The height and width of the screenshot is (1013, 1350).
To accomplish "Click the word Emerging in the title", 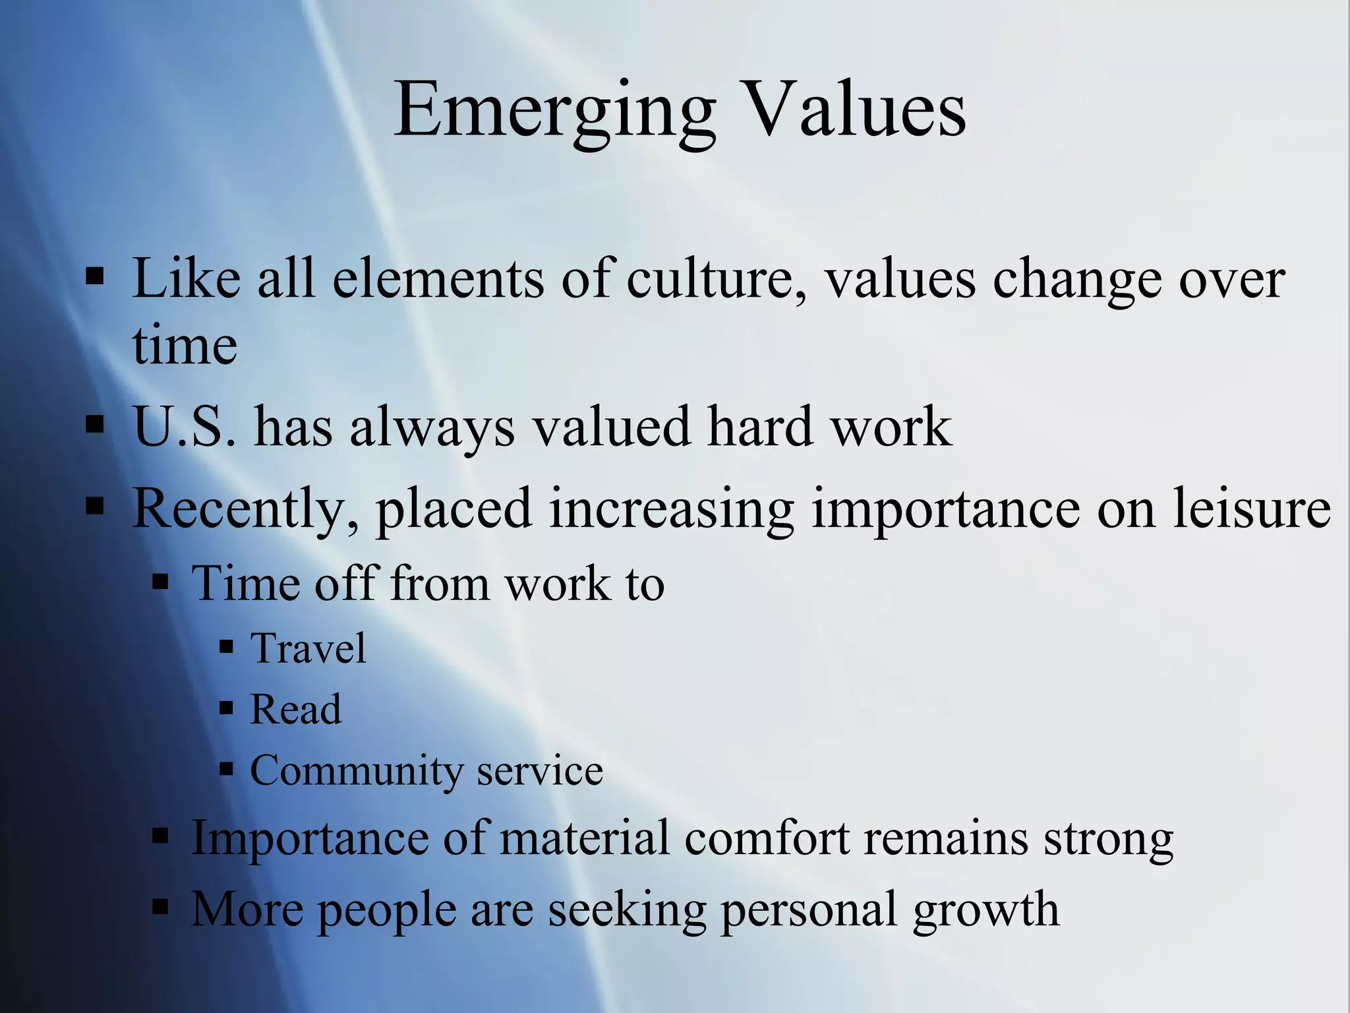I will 554,111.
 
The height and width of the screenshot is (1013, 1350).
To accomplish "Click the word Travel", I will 308,648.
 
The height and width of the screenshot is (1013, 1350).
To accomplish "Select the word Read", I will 296,710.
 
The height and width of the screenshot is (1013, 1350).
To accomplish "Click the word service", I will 540,770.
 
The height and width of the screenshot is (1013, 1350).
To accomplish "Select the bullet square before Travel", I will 227,647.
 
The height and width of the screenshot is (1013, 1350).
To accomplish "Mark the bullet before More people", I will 160,907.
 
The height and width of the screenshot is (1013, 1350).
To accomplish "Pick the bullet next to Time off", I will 160,582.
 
